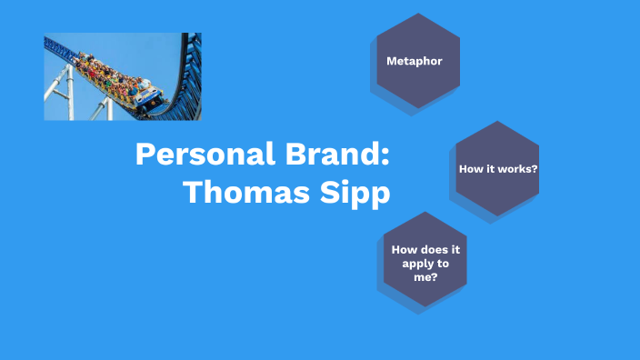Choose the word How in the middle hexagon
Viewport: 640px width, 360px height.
(x=470, y=169)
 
